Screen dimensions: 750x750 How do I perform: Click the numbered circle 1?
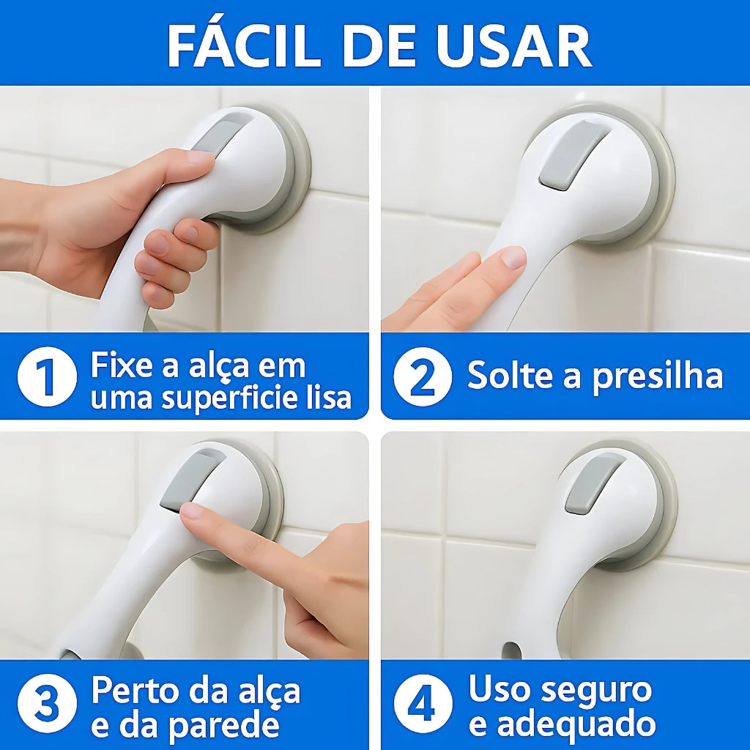tap(47, 376)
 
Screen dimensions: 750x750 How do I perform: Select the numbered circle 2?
tap(422, 377)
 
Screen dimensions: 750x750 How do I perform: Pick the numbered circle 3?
tap(47, 703)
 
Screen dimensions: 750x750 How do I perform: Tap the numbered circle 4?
tap(423, 703)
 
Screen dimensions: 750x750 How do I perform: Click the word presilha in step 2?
tap(658, 376)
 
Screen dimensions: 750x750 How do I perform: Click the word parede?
tap(226, 725)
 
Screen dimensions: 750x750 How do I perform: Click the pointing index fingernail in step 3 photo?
tap(192, 510)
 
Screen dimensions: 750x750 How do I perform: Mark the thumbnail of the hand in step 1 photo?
tap(200, 157)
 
